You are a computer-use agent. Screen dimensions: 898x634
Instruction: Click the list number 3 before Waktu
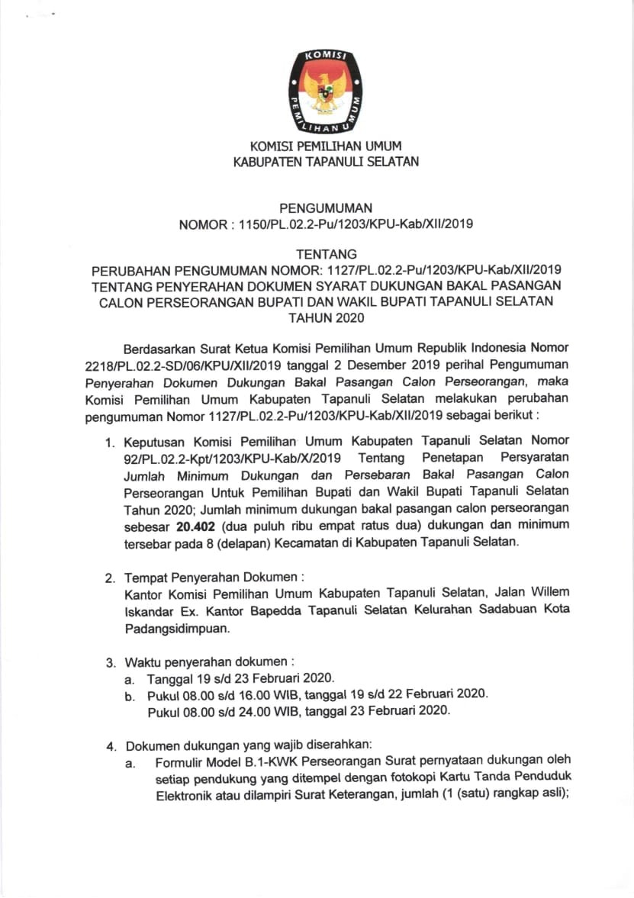[x=111, y=661]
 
